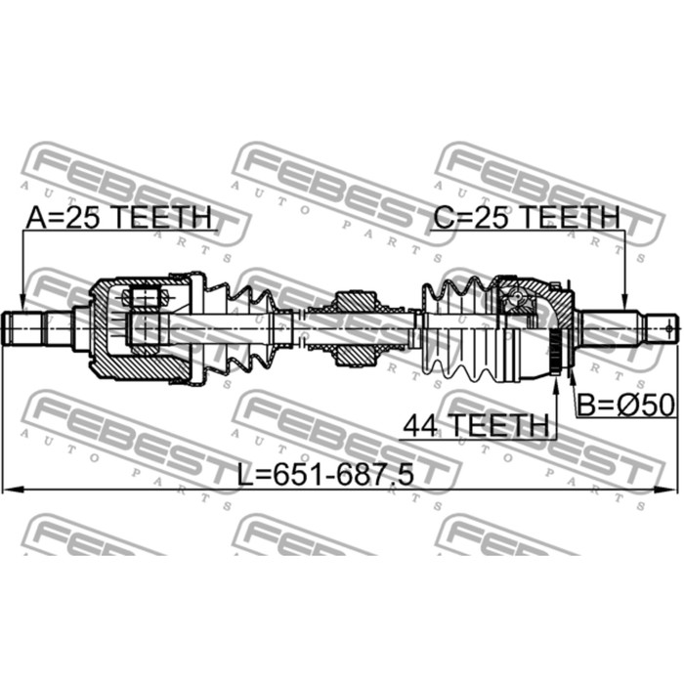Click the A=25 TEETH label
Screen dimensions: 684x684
point(118,217)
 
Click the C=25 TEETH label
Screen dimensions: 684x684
point(527,217)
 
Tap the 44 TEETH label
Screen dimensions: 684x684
point(476,425)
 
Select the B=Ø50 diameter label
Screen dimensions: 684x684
point(626,405)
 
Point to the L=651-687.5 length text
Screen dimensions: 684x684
point(325,474)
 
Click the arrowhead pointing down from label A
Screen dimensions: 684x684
point(22,302)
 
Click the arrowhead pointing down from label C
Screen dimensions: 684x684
point(624,302)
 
